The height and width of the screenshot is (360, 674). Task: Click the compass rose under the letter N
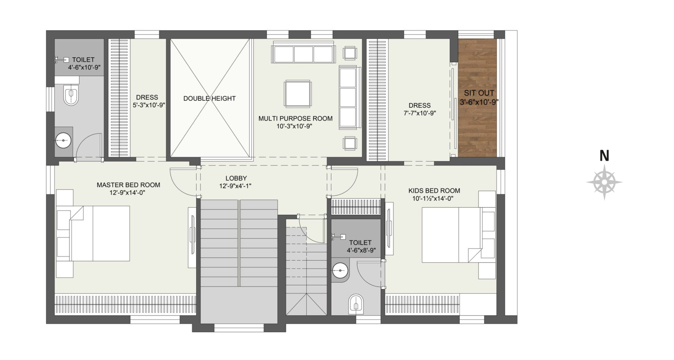(x=604, y=182)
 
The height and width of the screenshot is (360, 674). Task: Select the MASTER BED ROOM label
(x=128, y=185)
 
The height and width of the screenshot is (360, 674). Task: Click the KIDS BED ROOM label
(x=434, y=191)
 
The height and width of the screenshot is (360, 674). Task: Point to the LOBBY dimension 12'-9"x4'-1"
(x=235, y=186)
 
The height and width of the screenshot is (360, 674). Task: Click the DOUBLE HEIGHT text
(x=210, y=98)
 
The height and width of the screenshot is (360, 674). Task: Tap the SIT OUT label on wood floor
(x=479, y=93)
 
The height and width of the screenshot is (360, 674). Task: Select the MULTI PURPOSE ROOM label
(x=295, y=118)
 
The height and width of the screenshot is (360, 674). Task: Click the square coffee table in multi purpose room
(x=298, y=94)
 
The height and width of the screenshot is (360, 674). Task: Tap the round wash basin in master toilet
(x=63, y=141)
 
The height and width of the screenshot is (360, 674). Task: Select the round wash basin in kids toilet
(x=340, y=270)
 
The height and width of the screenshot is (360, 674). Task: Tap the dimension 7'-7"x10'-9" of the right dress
(x=420, y=113)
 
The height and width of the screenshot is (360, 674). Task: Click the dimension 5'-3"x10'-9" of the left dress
(x=149, y=105)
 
